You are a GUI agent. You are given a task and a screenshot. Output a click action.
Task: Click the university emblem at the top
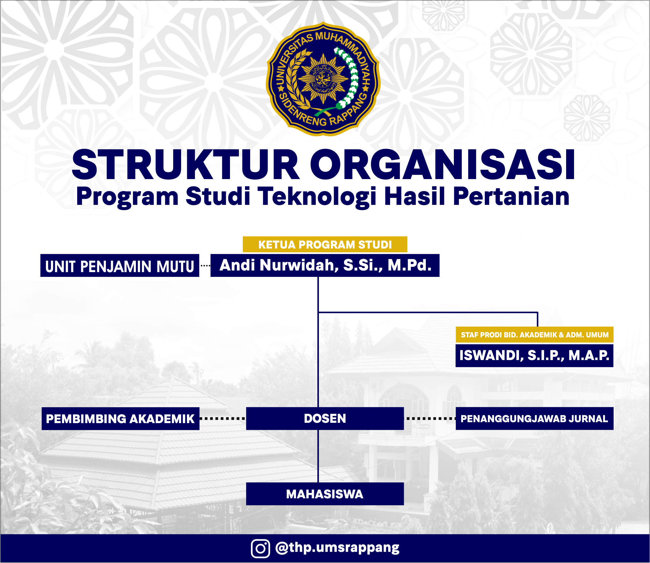(323, 79)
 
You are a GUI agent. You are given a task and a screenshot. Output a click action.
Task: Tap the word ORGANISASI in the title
(443, 165)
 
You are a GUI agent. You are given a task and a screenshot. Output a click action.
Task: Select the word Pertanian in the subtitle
(511, 197)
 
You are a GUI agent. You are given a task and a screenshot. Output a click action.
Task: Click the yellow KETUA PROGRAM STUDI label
(325, 244)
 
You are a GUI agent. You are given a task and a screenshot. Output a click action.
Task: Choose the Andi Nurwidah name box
(325, 265)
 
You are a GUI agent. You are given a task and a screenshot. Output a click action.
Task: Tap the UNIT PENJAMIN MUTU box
(120, 265)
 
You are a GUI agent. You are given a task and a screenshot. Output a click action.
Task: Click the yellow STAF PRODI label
(535, 335)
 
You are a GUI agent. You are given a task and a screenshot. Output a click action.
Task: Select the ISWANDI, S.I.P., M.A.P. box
(534, 355)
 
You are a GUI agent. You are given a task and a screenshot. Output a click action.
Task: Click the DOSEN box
(325, 418)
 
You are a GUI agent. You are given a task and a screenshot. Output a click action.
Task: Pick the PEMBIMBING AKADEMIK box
(121, 419)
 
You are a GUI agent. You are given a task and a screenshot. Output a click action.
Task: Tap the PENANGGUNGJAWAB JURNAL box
(535, 418)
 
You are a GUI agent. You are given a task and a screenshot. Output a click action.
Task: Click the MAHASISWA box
(325, 494)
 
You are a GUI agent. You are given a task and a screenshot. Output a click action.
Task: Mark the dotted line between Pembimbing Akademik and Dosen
(223, 419)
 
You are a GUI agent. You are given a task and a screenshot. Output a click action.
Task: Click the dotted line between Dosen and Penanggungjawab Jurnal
(430, 418)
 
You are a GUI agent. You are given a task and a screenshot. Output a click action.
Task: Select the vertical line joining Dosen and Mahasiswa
(318, 456)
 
